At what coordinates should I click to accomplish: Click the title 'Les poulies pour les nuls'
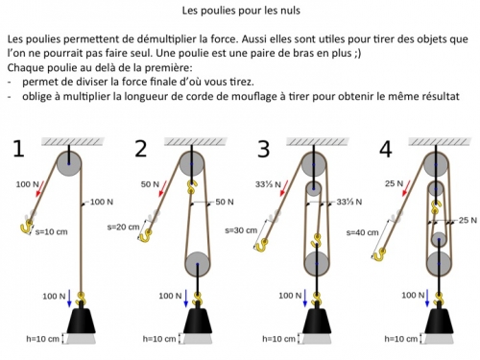[241, 11]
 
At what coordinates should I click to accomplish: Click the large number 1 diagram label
[18, 149]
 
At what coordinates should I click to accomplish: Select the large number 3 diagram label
[263, 149]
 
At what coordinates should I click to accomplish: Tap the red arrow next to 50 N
[163, 188]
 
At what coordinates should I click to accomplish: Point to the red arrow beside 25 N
[406, 188]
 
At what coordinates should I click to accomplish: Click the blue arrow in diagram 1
[69, 299]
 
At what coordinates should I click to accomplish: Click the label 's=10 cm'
[51, 231]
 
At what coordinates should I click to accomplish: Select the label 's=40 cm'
[362, 232]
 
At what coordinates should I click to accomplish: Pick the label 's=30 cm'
[241, 230]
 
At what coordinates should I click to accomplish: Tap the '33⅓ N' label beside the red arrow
[268, 184]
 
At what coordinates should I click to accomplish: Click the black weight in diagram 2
[198, 320]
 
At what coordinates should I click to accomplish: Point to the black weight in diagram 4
[440, 320]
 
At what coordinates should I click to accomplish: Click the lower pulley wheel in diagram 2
[198, 264]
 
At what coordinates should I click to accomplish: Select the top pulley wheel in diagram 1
[69, 163]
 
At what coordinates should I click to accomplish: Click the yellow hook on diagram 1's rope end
[27, 226]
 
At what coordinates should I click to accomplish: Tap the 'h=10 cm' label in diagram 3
[278, 339]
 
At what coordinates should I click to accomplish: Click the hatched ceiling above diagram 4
[440, 141]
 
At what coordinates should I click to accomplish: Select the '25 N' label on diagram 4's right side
[468, 220]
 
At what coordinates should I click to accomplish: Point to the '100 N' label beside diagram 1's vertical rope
[102, 202]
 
